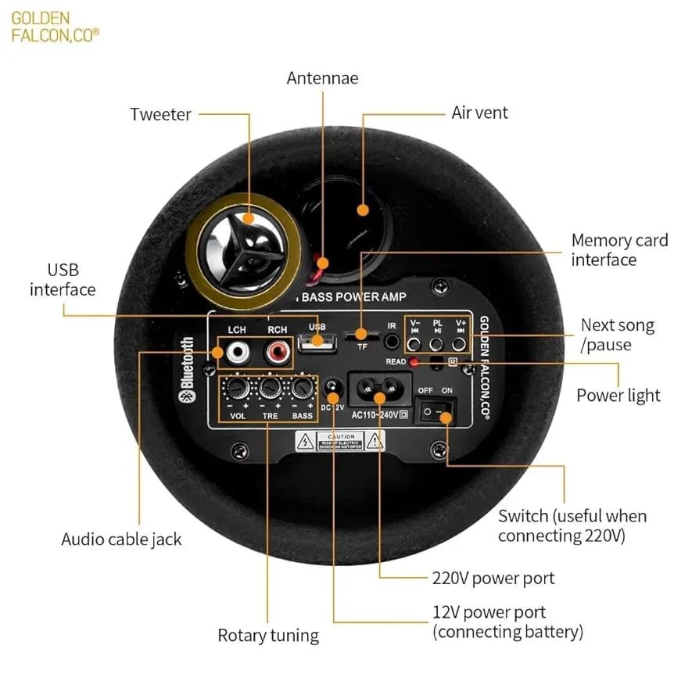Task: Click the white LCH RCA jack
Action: tap(236, 354)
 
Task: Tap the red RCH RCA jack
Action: tap(275, 354)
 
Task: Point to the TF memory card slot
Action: tap(362, 337)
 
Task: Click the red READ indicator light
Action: tap(414, 361)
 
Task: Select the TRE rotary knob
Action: tap(271, 389)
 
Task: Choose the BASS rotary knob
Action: tap(303, 389)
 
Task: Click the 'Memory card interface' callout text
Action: tap(618, 249)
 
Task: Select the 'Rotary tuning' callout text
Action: tap(268, 636)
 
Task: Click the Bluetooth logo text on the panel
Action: tap(188, 368)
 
